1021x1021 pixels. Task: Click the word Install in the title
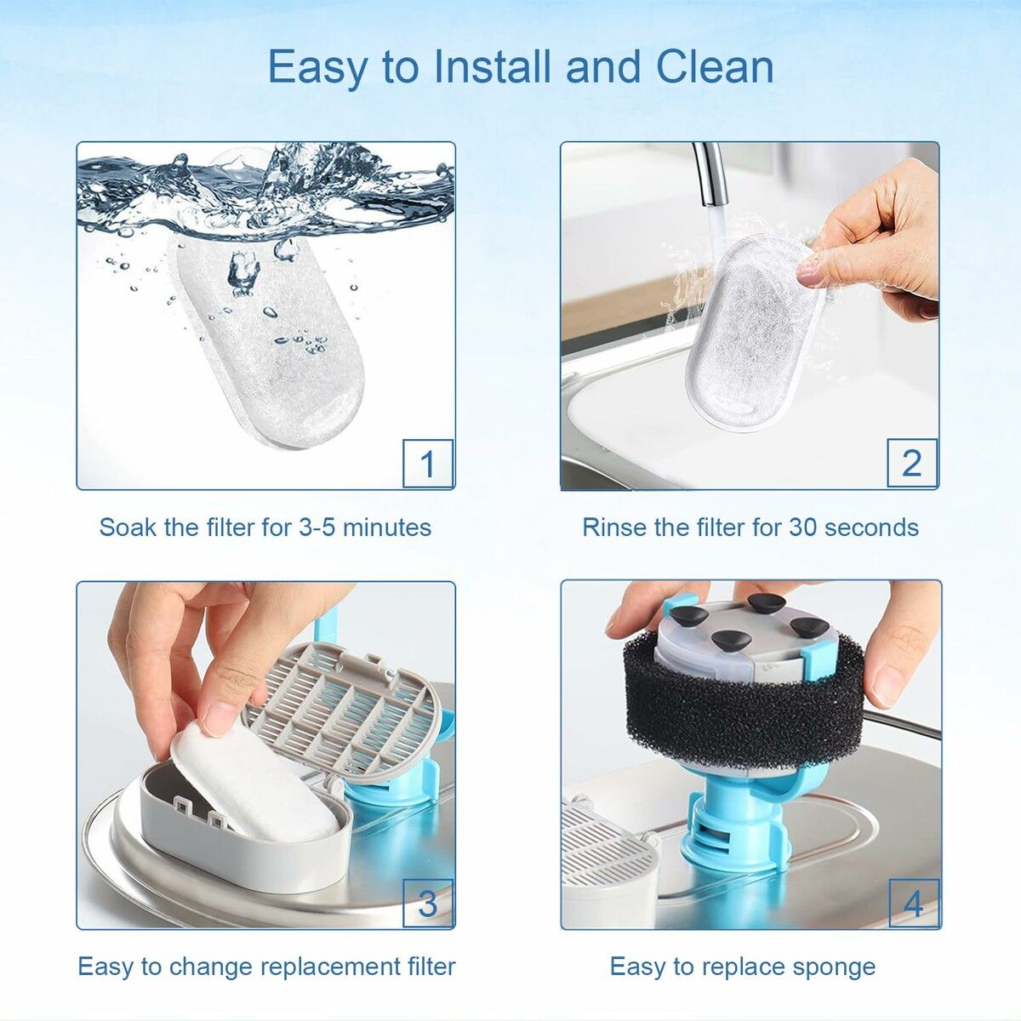click(493, 66)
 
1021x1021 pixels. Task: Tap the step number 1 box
click(427, 464)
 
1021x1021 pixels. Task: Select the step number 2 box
click(912, 463)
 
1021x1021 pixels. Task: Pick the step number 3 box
click(427, 903)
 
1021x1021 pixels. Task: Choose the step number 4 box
click(913, 903)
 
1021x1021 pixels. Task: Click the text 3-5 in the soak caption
click(317, 528)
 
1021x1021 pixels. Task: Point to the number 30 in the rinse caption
click(803, 528)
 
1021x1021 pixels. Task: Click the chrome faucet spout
click(710, 174)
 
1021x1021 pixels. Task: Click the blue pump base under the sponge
click(736, 830)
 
